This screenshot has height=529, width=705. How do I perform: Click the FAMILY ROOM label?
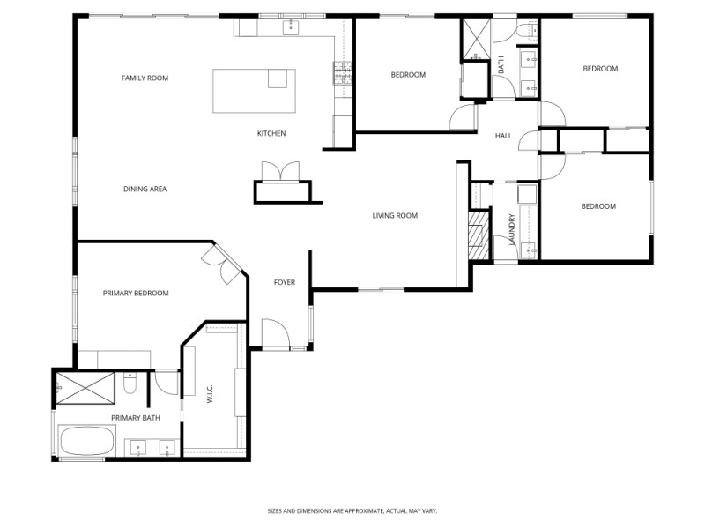(145, 78)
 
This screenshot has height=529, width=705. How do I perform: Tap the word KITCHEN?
(271, 134)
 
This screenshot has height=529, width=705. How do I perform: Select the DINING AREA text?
(145, 189)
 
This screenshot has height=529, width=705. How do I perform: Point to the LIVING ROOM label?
(395, 215)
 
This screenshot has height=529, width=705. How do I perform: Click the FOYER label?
(284, 282)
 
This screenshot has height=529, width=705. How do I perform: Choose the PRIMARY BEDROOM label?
(135, 293)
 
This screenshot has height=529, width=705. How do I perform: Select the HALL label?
(503, 136)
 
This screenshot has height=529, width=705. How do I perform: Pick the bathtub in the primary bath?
(85, 440)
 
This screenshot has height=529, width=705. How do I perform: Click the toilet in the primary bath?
(130, 384)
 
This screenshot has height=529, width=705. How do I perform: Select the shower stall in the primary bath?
(85, 385)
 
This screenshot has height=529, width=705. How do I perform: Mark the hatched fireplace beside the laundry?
(478, 236)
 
